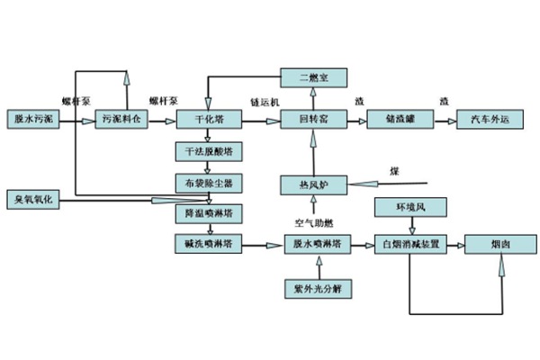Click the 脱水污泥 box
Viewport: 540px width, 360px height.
[32, 119]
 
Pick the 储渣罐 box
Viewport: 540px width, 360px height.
[396, 119]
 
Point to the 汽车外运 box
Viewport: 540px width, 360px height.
[487, 119]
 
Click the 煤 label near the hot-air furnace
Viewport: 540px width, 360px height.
[393, 171]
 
